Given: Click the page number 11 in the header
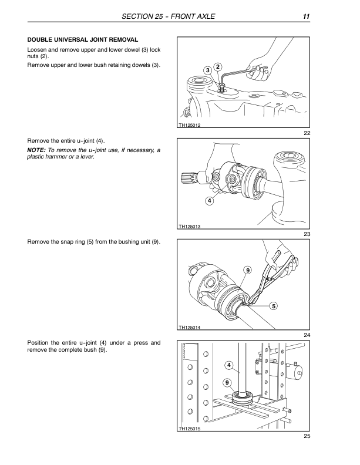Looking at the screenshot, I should coord(307,16).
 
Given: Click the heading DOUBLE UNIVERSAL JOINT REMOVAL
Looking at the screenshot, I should coord(83,39).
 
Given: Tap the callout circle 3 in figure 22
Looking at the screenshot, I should coord(207,71).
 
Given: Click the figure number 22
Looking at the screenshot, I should coord(307,133).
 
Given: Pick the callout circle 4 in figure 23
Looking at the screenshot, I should coord(210,201).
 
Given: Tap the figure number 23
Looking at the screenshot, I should coord(307,235).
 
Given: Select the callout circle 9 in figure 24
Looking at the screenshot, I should coord(248,270).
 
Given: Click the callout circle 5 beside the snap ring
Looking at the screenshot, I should coord(274,306).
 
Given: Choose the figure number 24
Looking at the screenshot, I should coord(307,335).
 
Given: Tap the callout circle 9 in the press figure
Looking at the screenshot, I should coord(227,383).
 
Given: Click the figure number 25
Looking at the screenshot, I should coord(307,436).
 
